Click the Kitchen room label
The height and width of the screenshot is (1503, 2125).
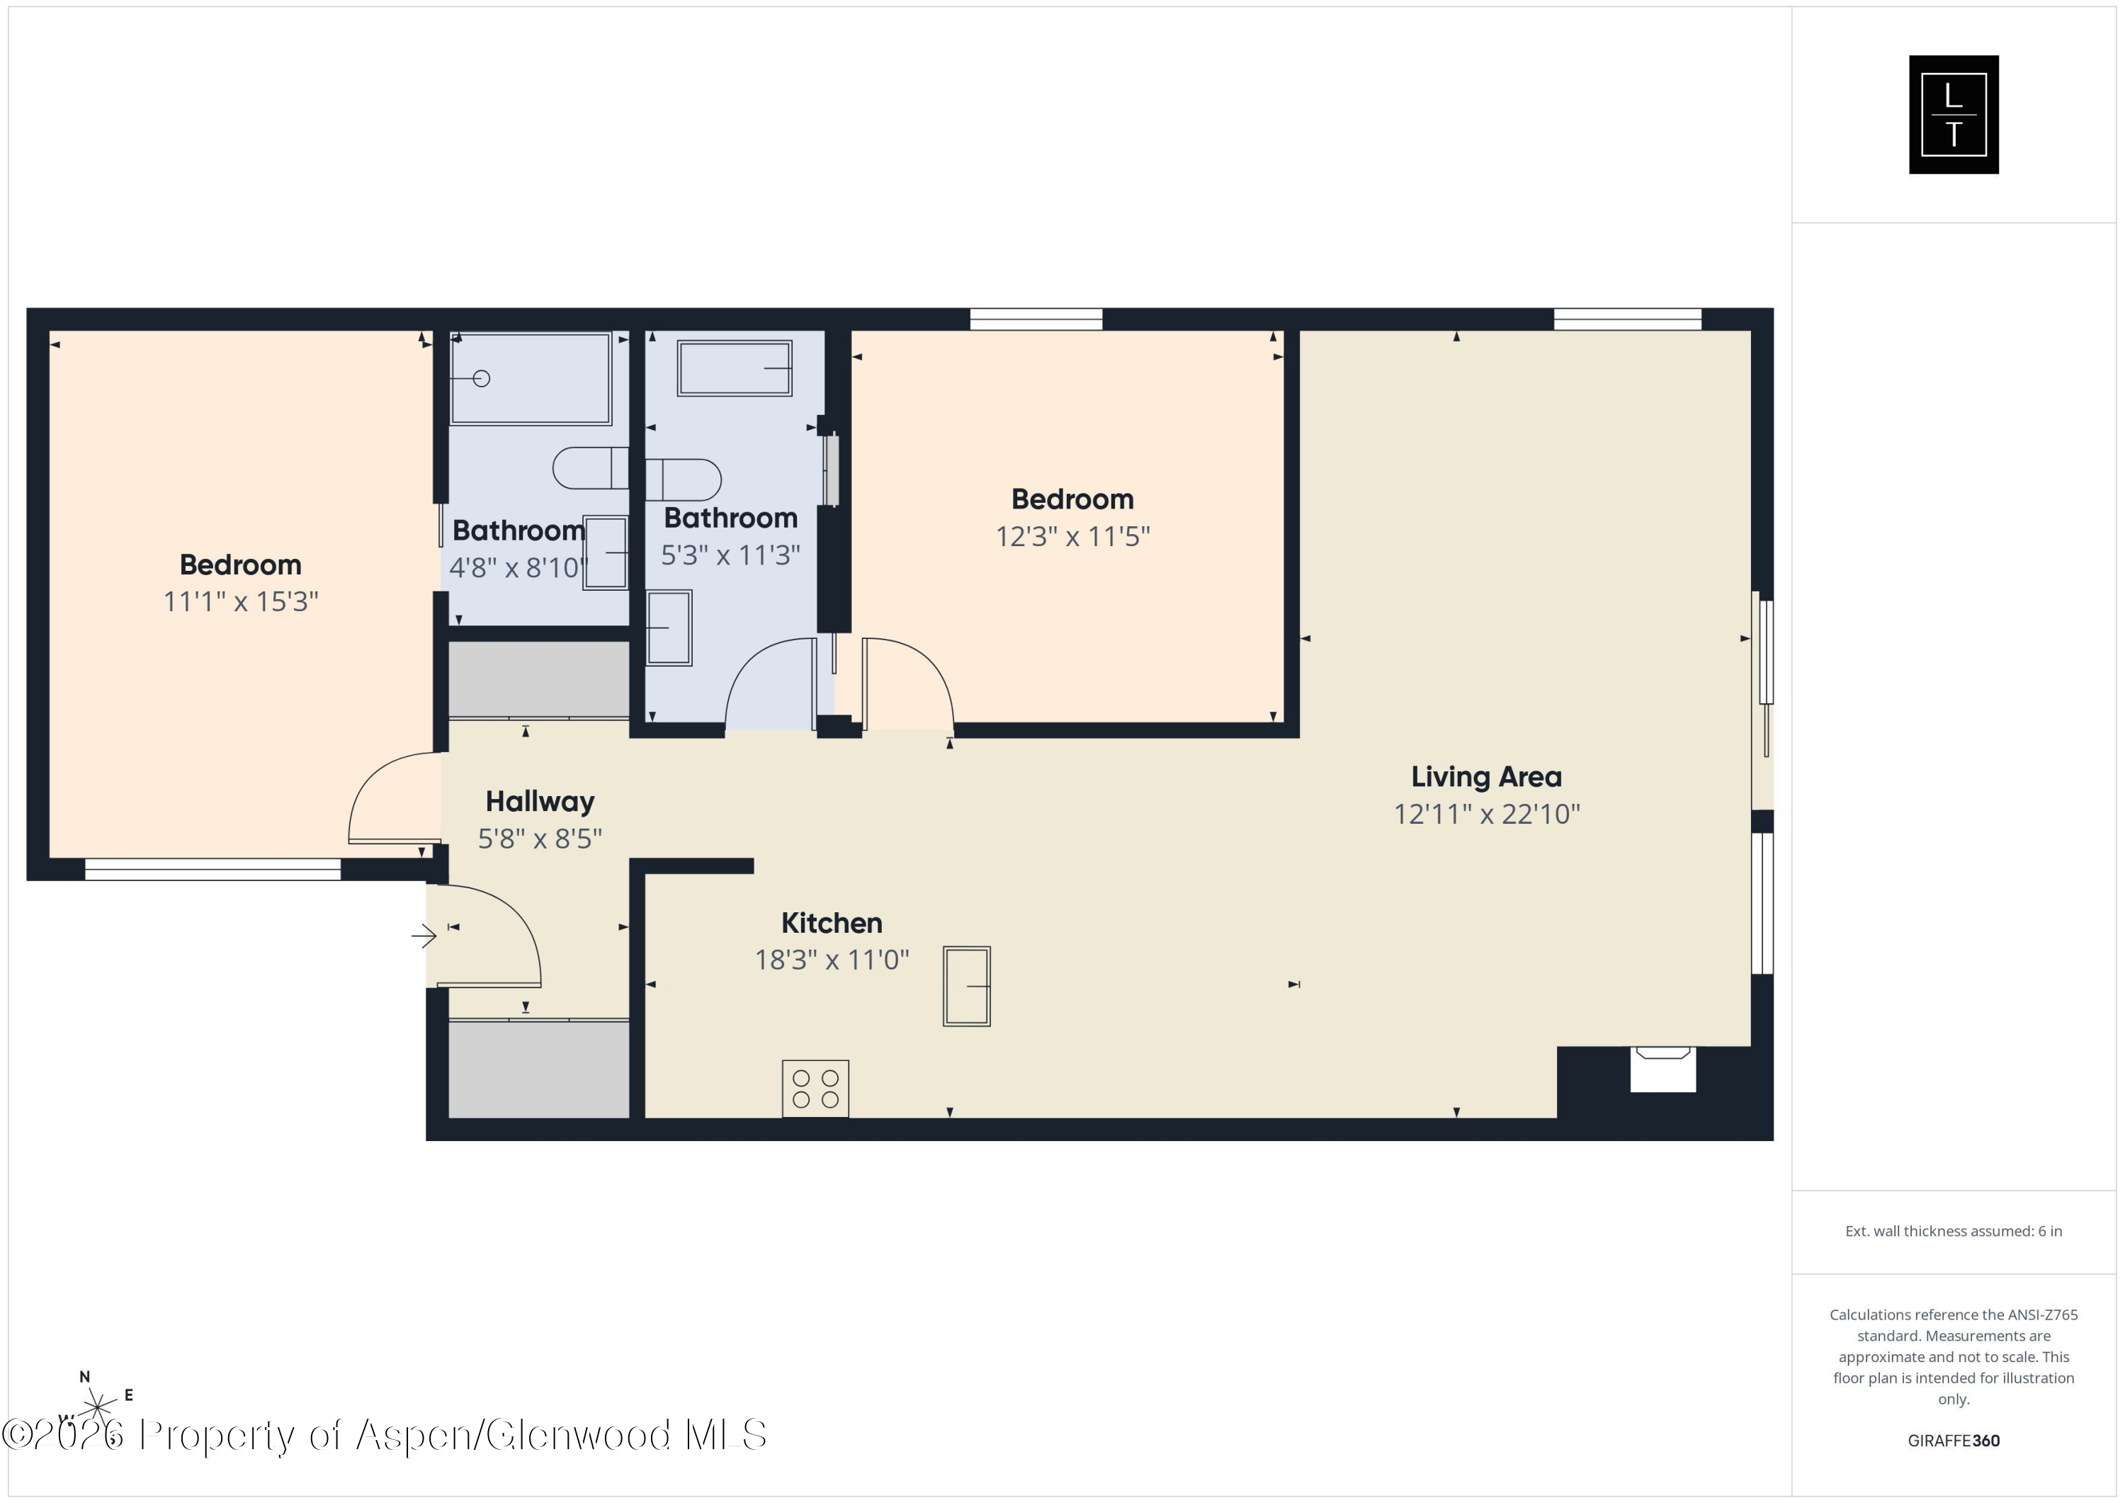point(831,923)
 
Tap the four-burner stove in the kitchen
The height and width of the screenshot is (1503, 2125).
point(815,1089)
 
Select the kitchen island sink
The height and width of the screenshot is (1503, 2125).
point(966,986)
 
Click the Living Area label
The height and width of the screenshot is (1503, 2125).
point(1485,776)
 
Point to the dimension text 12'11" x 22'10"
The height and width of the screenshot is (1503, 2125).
point(1486,815)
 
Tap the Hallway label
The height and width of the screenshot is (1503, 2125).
point(540,802)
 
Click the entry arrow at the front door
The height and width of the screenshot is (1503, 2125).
point(424,936)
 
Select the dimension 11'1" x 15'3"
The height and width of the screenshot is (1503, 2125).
point(241,601)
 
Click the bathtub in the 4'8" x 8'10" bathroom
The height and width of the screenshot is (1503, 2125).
point(531,378)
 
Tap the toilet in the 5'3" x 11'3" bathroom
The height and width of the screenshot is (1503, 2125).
point(683,480)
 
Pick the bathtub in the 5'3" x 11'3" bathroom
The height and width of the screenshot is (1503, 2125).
point(734,368)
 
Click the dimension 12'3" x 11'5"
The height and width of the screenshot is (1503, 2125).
point(1072,537)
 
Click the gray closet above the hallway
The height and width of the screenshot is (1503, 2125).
point(538,679)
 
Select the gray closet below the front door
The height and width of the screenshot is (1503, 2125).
point(538,1069)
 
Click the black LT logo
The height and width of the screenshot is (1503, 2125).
point(1953,115)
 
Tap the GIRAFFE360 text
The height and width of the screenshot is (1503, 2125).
point(1953,1440)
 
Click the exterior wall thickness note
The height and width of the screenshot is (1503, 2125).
point(1953,1231)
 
